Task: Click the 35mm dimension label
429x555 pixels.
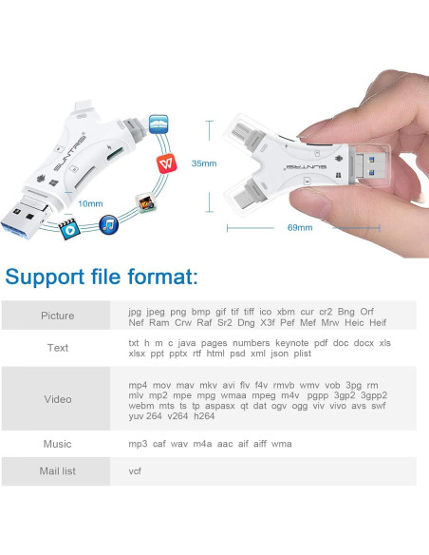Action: click(204, 163)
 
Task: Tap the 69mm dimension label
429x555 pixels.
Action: click(300, 227)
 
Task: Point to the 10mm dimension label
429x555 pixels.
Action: click(90, 204)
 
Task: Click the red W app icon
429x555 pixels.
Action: click(166, 163)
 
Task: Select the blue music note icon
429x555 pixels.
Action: click(108, 224)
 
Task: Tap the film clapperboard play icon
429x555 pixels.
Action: click(68, 229)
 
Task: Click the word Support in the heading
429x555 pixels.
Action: click(45, 277)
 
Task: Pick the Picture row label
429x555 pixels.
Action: click(58, 316)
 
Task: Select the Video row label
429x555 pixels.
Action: click(58, 399)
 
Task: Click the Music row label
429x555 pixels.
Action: click(57, 444)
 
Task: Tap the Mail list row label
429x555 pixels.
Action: click(58, 471)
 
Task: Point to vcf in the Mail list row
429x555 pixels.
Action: click(135, 471)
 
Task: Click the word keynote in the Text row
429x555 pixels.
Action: click(292, 343)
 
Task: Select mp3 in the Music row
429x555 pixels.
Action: click(138, 444)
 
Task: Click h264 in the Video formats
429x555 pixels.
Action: click(204, 416)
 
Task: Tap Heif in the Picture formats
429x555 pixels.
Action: click(378, 322)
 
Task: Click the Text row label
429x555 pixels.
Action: click(58, 348)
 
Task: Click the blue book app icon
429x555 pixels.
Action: click(159, 124)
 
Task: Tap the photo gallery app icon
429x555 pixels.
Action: click(146, 202)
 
